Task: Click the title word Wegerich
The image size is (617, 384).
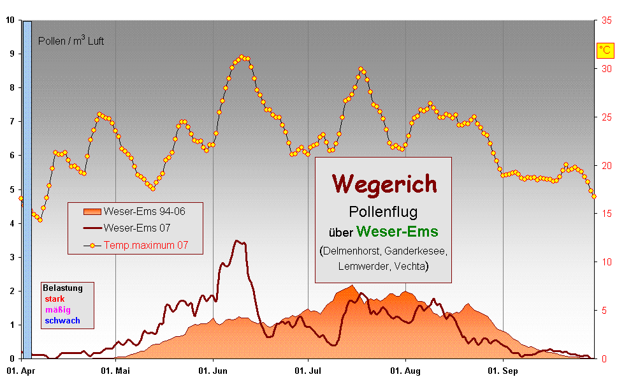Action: (x=384, y=184)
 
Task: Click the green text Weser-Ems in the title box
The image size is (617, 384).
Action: (x=397, y=231)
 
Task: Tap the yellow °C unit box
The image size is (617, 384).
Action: (x=604, y=50)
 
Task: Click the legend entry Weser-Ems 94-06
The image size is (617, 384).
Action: (x=144, y=211)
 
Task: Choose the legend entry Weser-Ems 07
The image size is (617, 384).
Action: (x=136, y=228)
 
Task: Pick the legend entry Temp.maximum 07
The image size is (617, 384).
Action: (x=145, y=244)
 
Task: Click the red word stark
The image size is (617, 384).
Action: (x=55, y=299)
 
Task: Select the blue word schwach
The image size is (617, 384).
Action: (x=62, y=321)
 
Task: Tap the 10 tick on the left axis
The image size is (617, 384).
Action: (x=10, y=20)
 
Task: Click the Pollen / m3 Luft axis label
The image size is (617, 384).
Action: (x=71, y=41)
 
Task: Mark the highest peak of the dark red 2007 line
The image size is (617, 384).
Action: (x=237, y=241)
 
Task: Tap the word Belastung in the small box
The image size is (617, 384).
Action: (x=62, y=288)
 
